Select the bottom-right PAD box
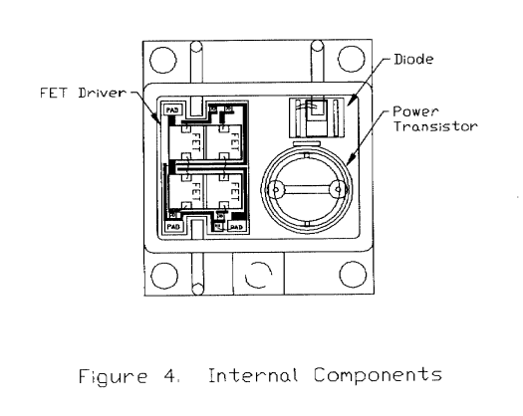pos(236,227)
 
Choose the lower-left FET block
pos(186,188)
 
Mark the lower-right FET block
pos(228,188)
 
